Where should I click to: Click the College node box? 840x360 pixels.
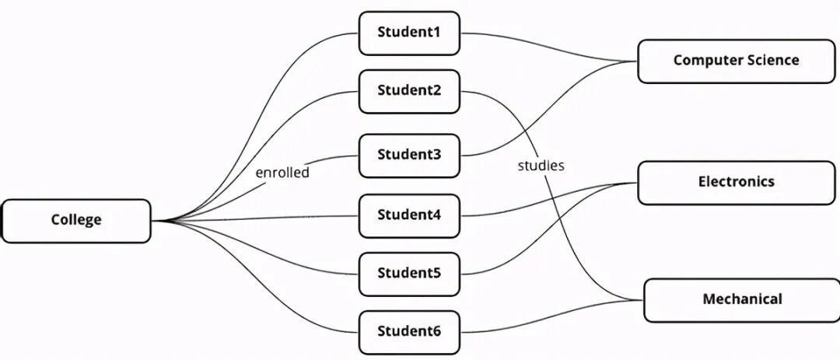76,221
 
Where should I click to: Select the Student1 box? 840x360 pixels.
409,33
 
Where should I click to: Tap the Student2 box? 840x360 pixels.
409,91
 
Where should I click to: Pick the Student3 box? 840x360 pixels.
409,155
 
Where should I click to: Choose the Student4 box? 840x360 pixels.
409,215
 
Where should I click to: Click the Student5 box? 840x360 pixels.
409,274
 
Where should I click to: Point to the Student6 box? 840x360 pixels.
409,332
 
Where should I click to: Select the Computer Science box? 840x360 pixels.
735,61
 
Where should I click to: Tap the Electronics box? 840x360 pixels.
736,182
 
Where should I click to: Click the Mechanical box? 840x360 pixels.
741,299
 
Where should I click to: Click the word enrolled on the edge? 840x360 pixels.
282,173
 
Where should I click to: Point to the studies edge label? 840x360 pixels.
541,166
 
